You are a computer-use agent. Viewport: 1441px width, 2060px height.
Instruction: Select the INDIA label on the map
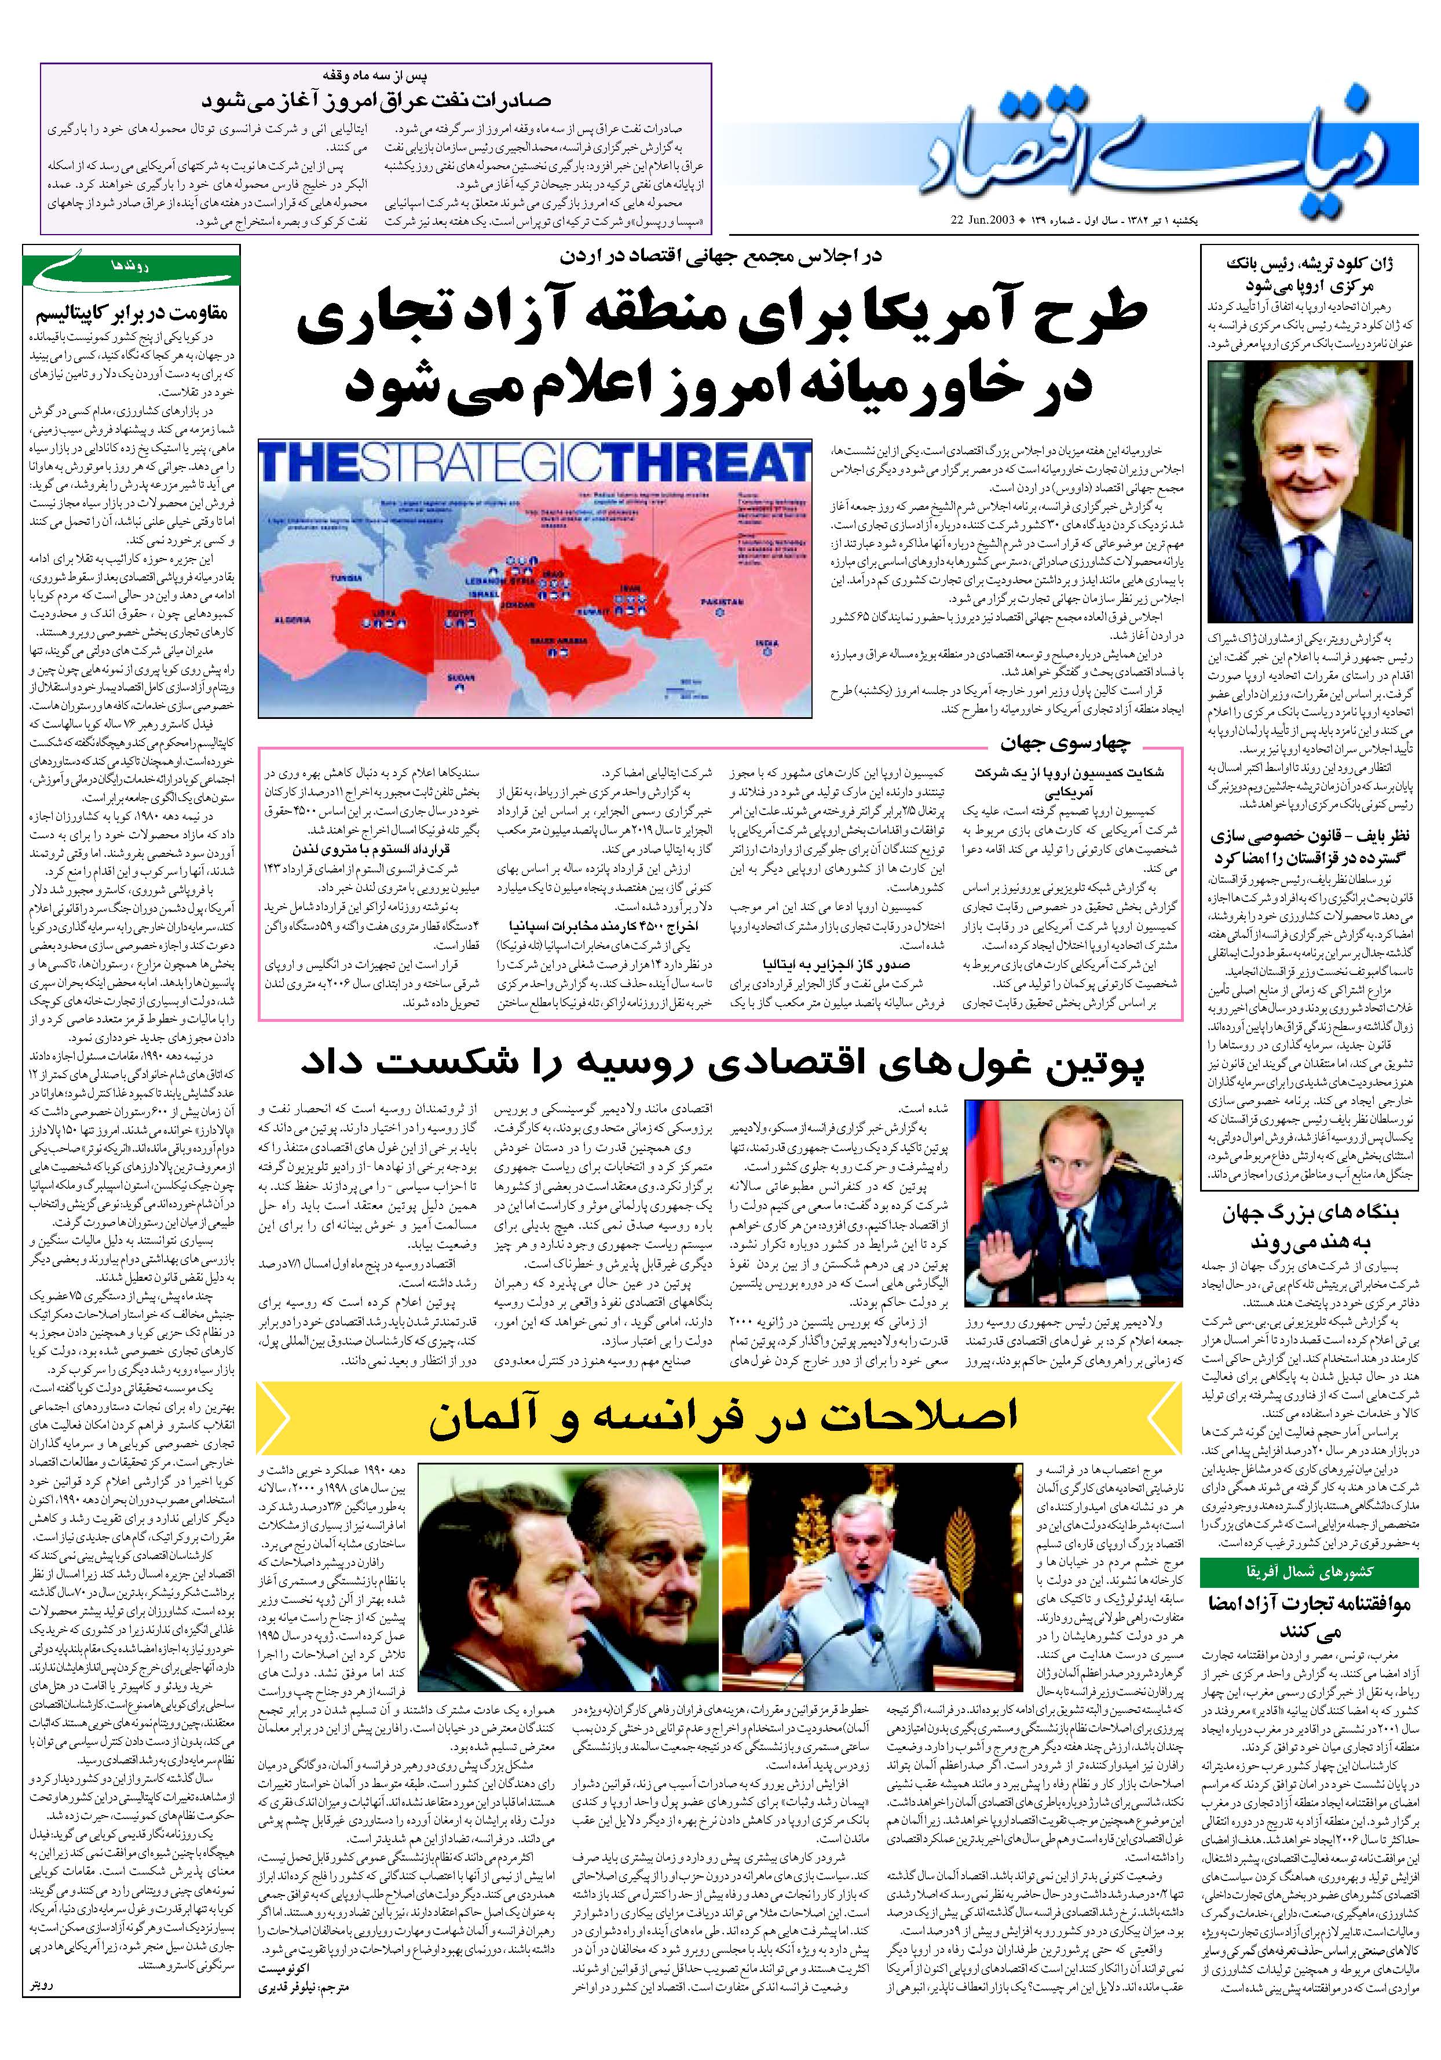click(x=767, y=643)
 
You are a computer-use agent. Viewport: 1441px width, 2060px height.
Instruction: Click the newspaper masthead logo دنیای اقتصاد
click(x=1166, y=148)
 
